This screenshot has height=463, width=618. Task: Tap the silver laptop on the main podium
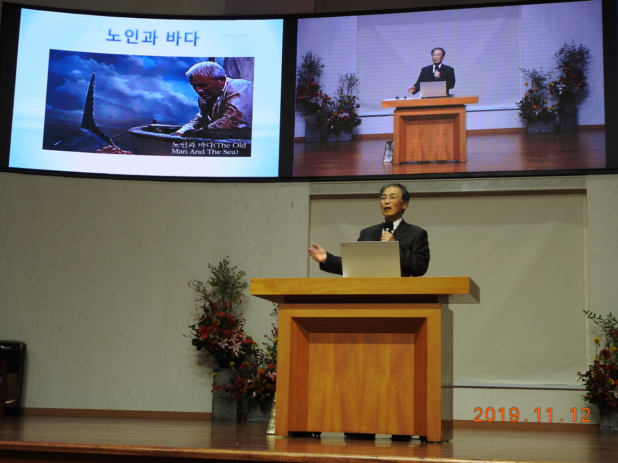click(x=371, y=259)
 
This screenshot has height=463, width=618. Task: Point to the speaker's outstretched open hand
click(x=317, y=252)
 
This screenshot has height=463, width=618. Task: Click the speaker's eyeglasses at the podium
click(x=390, y=198)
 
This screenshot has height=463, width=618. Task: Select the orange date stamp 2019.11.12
click(x=532, y=415)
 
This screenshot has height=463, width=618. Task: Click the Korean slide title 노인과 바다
click(x=152, y=37)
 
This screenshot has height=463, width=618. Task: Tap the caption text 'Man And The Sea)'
click(x=205, y=151)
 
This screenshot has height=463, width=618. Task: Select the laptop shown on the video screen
click(x=433, y=89)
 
